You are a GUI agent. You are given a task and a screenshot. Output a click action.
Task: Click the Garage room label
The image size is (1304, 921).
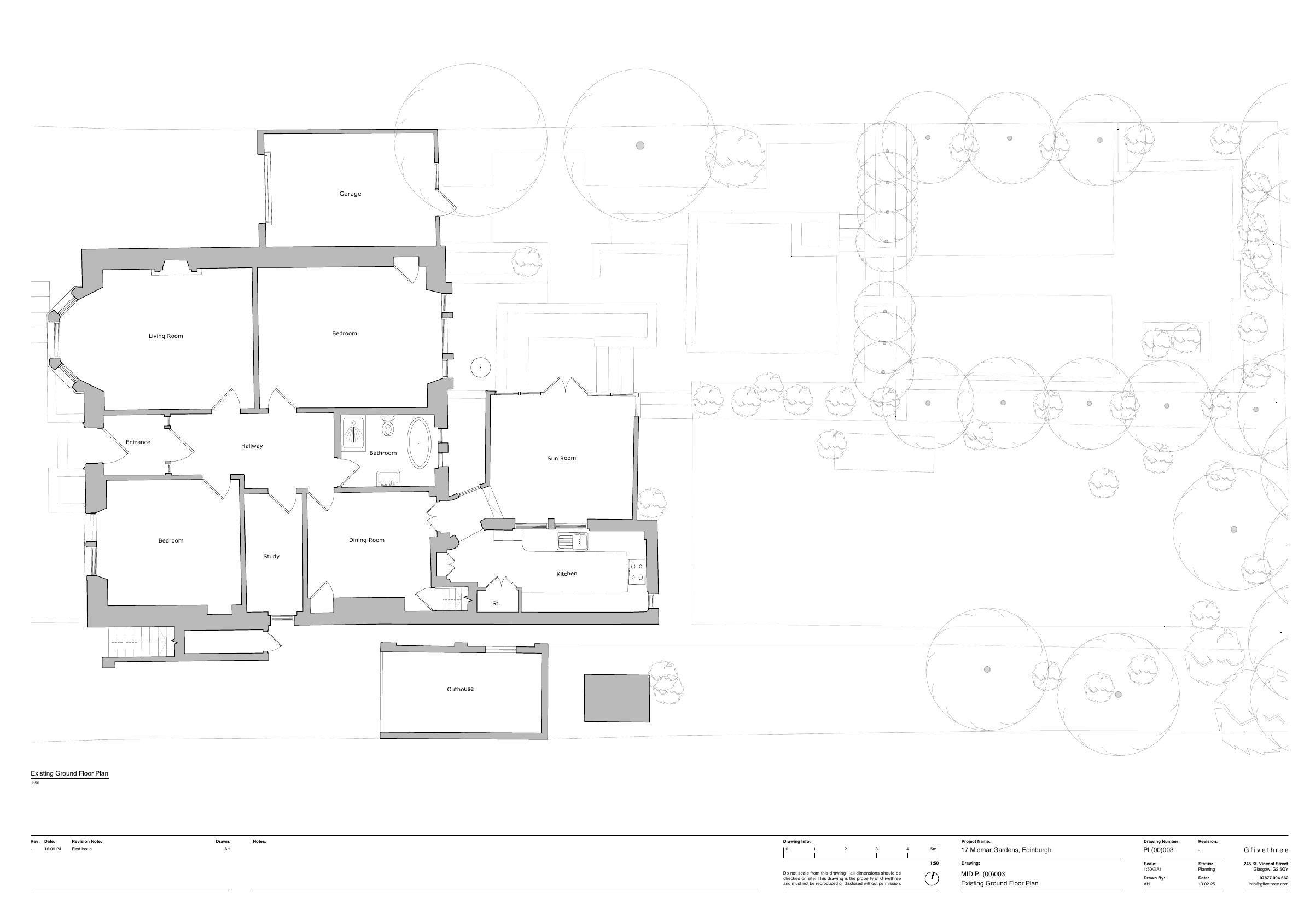click(x=350, y=194)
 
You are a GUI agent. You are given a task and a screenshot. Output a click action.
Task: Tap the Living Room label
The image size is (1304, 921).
click(x=166, y=336)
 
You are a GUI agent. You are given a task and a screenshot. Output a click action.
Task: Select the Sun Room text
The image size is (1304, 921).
click(x=561, y=458)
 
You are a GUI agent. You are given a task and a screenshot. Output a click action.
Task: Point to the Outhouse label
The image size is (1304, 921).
click(x=460, y=689)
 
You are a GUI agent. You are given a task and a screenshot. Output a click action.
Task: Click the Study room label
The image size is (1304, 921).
click(x=271, y=556)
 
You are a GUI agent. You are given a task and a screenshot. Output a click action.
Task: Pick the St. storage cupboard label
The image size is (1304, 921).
click(x=496, y=604)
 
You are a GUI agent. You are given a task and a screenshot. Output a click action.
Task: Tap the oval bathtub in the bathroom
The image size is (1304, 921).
click(x=419, y=443)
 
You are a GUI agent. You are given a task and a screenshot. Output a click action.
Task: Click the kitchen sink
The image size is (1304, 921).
click(x=573, y=541)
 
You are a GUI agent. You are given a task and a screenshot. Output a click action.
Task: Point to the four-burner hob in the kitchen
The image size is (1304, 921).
click(x=636, y=571)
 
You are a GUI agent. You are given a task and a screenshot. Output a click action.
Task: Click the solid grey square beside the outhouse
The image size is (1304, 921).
click(x=617, y=698)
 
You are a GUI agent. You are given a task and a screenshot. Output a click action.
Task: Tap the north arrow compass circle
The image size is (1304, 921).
click(x=932, y=879)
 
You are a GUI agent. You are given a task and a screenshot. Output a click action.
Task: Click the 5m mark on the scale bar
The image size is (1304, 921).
click(x=934, y=849)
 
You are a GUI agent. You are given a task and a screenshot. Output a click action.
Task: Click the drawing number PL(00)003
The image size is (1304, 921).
click(x=1159, y=850)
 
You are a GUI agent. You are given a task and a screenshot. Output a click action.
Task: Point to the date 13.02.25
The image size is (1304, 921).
click(x=1206, y=884)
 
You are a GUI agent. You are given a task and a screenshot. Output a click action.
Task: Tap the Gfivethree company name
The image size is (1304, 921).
click(x=1266, y=850)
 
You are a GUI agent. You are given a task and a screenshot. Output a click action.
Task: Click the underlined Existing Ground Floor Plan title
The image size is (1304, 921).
click(x=69, y=773)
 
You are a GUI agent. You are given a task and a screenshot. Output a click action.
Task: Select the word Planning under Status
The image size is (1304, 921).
click(x=1206, y=870)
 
